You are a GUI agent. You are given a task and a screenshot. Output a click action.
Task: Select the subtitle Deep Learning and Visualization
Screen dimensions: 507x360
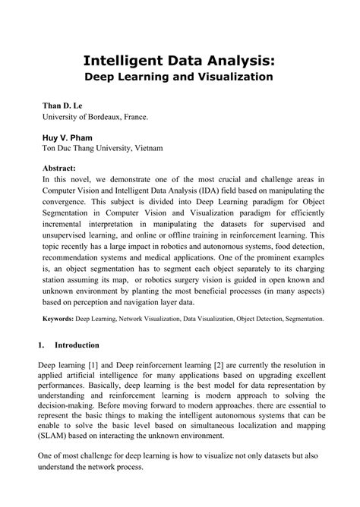179,77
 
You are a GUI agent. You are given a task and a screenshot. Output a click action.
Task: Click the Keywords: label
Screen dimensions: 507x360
62,320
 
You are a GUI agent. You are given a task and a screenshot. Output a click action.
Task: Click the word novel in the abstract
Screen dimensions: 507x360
80,178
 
